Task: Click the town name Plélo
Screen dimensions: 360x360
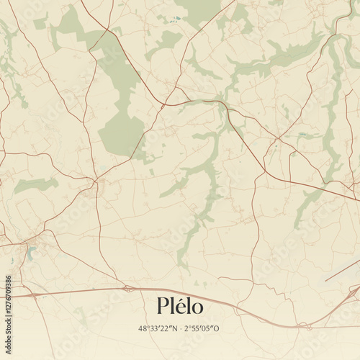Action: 180,307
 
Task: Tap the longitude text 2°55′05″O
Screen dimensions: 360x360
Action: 203,329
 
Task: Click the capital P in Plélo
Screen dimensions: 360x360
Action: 163,307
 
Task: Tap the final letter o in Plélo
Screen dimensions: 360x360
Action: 197,309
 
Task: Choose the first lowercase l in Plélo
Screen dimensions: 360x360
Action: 172,307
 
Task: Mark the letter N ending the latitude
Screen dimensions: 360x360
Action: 171,329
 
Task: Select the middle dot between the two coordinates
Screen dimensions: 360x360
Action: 179,329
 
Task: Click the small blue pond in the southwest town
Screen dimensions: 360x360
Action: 30,252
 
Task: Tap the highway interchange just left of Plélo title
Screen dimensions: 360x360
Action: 127,289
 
